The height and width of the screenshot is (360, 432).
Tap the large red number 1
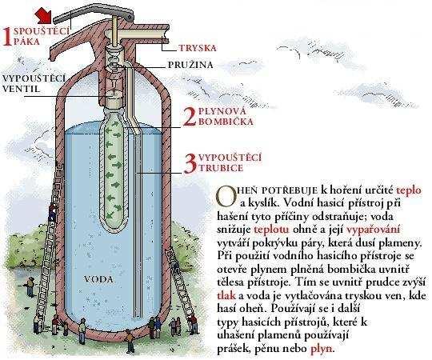pos(7,37)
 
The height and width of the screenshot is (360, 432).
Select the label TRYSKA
pos(198,48)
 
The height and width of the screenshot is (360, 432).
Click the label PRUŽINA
pos(190,65)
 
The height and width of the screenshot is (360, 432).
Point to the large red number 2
pos(190,118)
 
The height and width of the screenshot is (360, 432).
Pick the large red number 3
pos(190,164)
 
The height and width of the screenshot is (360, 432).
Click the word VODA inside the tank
pos(98,280)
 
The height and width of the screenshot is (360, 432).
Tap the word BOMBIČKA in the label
pos(226,122)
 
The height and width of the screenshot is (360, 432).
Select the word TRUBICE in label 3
pos(221,168)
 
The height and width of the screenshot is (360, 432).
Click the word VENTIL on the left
pos(22,89)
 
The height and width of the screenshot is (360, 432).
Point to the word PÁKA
pos(26,42)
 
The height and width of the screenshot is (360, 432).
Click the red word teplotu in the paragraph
pos(271,230)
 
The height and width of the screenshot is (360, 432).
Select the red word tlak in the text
pos(226,295)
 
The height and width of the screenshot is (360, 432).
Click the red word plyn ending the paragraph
pos(322,350)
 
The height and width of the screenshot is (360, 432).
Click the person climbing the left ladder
pos(52,211)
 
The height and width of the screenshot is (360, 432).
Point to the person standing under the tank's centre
pos(130,341)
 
